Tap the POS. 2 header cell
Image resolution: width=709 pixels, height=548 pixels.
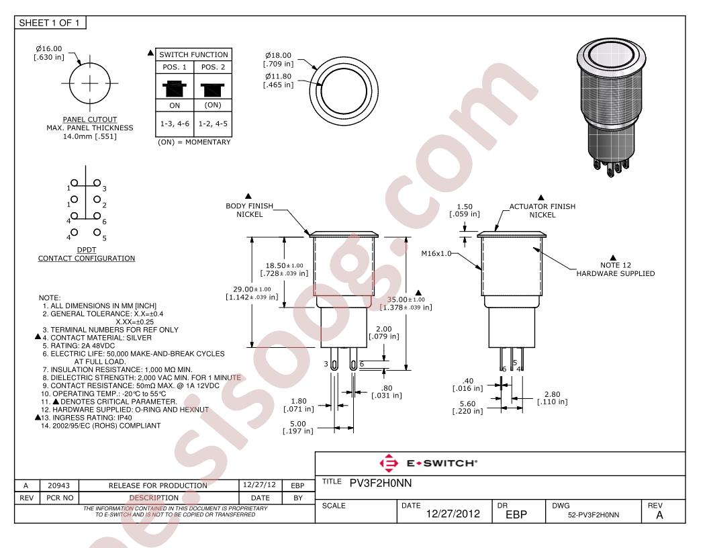coord(211,68)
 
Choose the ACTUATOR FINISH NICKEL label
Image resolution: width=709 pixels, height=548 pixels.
coord(542,211)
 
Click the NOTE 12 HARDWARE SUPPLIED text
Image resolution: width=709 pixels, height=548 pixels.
coord(615,269)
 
